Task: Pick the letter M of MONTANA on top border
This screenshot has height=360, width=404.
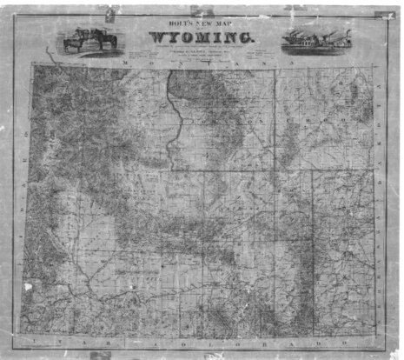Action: (129, 65)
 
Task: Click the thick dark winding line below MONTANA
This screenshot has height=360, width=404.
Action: (177, 113)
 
